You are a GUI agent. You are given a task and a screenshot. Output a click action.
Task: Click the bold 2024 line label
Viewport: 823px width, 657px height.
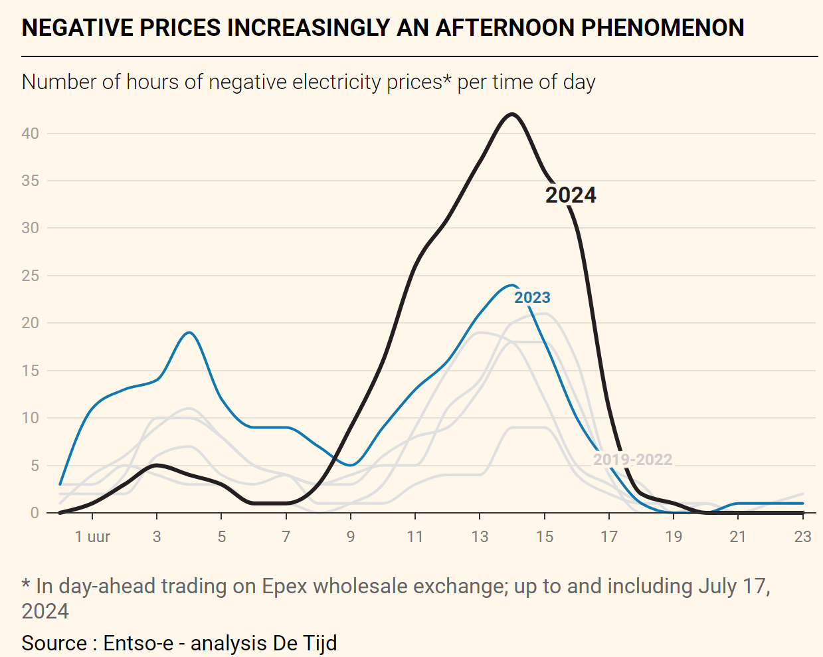pos(571,195)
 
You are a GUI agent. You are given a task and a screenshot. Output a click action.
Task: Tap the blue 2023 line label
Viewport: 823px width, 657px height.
pos(532,298)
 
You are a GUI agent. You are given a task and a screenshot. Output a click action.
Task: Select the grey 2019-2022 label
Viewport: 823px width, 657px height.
pos(632,460)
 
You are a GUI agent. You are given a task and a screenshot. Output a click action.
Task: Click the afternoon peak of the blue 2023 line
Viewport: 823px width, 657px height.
pos(511,286)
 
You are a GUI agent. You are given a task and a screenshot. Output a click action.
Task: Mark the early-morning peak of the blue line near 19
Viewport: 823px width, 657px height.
pos(189,332)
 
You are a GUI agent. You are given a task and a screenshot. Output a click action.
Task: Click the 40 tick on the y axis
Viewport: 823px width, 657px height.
pos(31,134)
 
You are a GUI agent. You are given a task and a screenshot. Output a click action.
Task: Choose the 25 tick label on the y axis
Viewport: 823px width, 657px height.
pos(31,276)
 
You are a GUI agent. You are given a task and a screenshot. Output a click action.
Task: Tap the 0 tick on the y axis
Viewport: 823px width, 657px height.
pos(35,513)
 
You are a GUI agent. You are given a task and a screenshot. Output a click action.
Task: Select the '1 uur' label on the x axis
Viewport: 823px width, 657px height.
pos(92,537)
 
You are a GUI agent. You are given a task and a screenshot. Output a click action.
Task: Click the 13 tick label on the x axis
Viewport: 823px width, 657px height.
pos(480,537)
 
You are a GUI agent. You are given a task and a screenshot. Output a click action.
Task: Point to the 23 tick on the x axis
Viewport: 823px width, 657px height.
pos(802,537)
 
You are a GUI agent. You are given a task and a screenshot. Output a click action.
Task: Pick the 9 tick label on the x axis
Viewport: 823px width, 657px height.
pos(351,537)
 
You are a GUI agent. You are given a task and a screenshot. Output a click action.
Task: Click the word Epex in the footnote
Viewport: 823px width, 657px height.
pos(284,586)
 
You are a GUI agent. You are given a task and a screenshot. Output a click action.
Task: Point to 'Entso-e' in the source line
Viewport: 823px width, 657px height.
pos(138,643)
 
